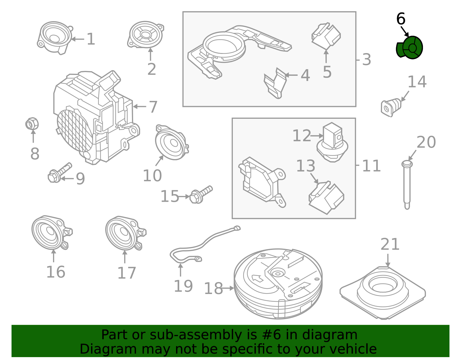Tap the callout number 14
point(417,82)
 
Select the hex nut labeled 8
point(32,124)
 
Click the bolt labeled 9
point(60,173)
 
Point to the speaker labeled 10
point(172,142)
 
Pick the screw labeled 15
point(201,195)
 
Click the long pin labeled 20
point(407,185)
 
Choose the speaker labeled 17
point(126,233)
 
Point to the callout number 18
point(214,289)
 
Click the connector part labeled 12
point(332,142)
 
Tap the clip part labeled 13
point(326,197)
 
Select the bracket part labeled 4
point(275,83)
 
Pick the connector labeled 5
point(326,36)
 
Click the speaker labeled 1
point(55,38)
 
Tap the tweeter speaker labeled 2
point(146,34)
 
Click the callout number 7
point(153,107)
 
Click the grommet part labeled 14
point(391,108)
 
